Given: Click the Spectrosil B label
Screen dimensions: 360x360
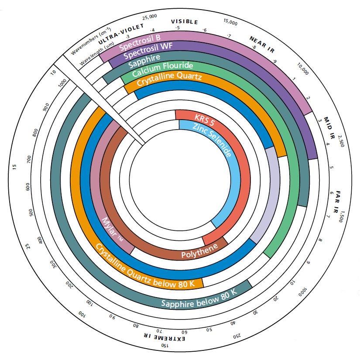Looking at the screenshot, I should [140, 43].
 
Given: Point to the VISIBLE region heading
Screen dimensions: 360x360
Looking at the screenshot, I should [184, 21].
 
